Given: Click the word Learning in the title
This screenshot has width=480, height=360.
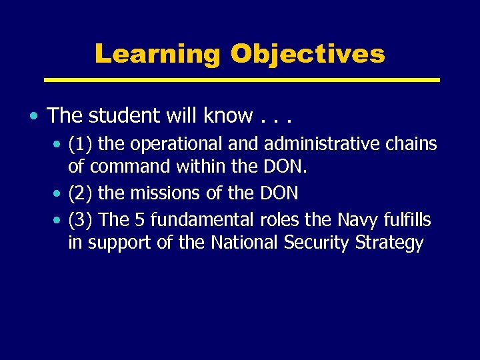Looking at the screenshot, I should tap(157, 54).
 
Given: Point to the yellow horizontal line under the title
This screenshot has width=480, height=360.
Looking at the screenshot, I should tap(241, 80).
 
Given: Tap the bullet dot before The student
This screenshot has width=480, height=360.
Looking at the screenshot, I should tap(33, 117).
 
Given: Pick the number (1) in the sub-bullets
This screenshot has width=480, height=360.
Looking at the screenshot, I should tap(81, 144).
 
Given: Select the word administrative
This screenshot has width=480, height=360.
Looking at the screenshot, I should tap(323, 144).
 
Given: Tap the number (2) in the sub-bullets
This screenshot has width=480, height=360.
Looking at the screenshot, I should tap(81, 193).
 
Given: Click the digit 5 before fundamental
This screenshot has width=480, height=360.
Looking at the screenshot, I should tap(133, 219).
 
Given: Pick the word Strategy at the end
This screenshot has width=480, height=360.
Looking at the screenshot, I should tap(389, 243).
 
